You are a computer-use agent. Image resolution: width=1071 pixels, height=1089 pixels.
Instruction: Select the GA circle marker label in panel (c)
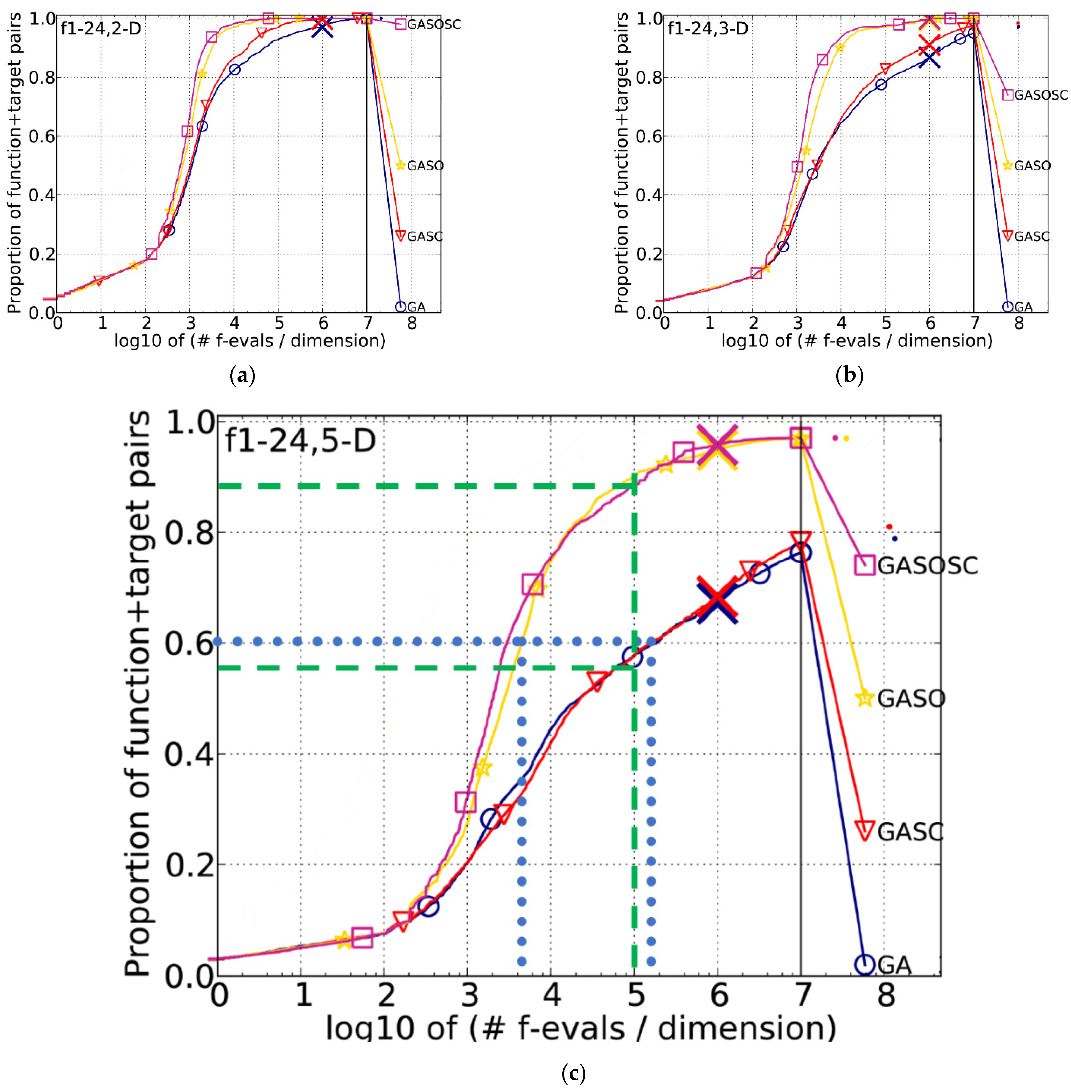pos(893,965)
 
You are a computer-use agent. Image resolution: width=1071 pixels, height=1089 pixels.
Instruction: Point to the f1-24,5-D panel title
pos(300,441)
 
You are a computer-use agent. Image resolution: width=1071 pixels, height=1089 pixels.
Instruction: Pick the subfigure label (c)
pos(573,1073)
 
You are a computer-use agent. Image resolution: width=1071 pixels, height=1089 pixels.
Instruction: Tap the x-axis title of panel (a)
pos(250,341)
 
